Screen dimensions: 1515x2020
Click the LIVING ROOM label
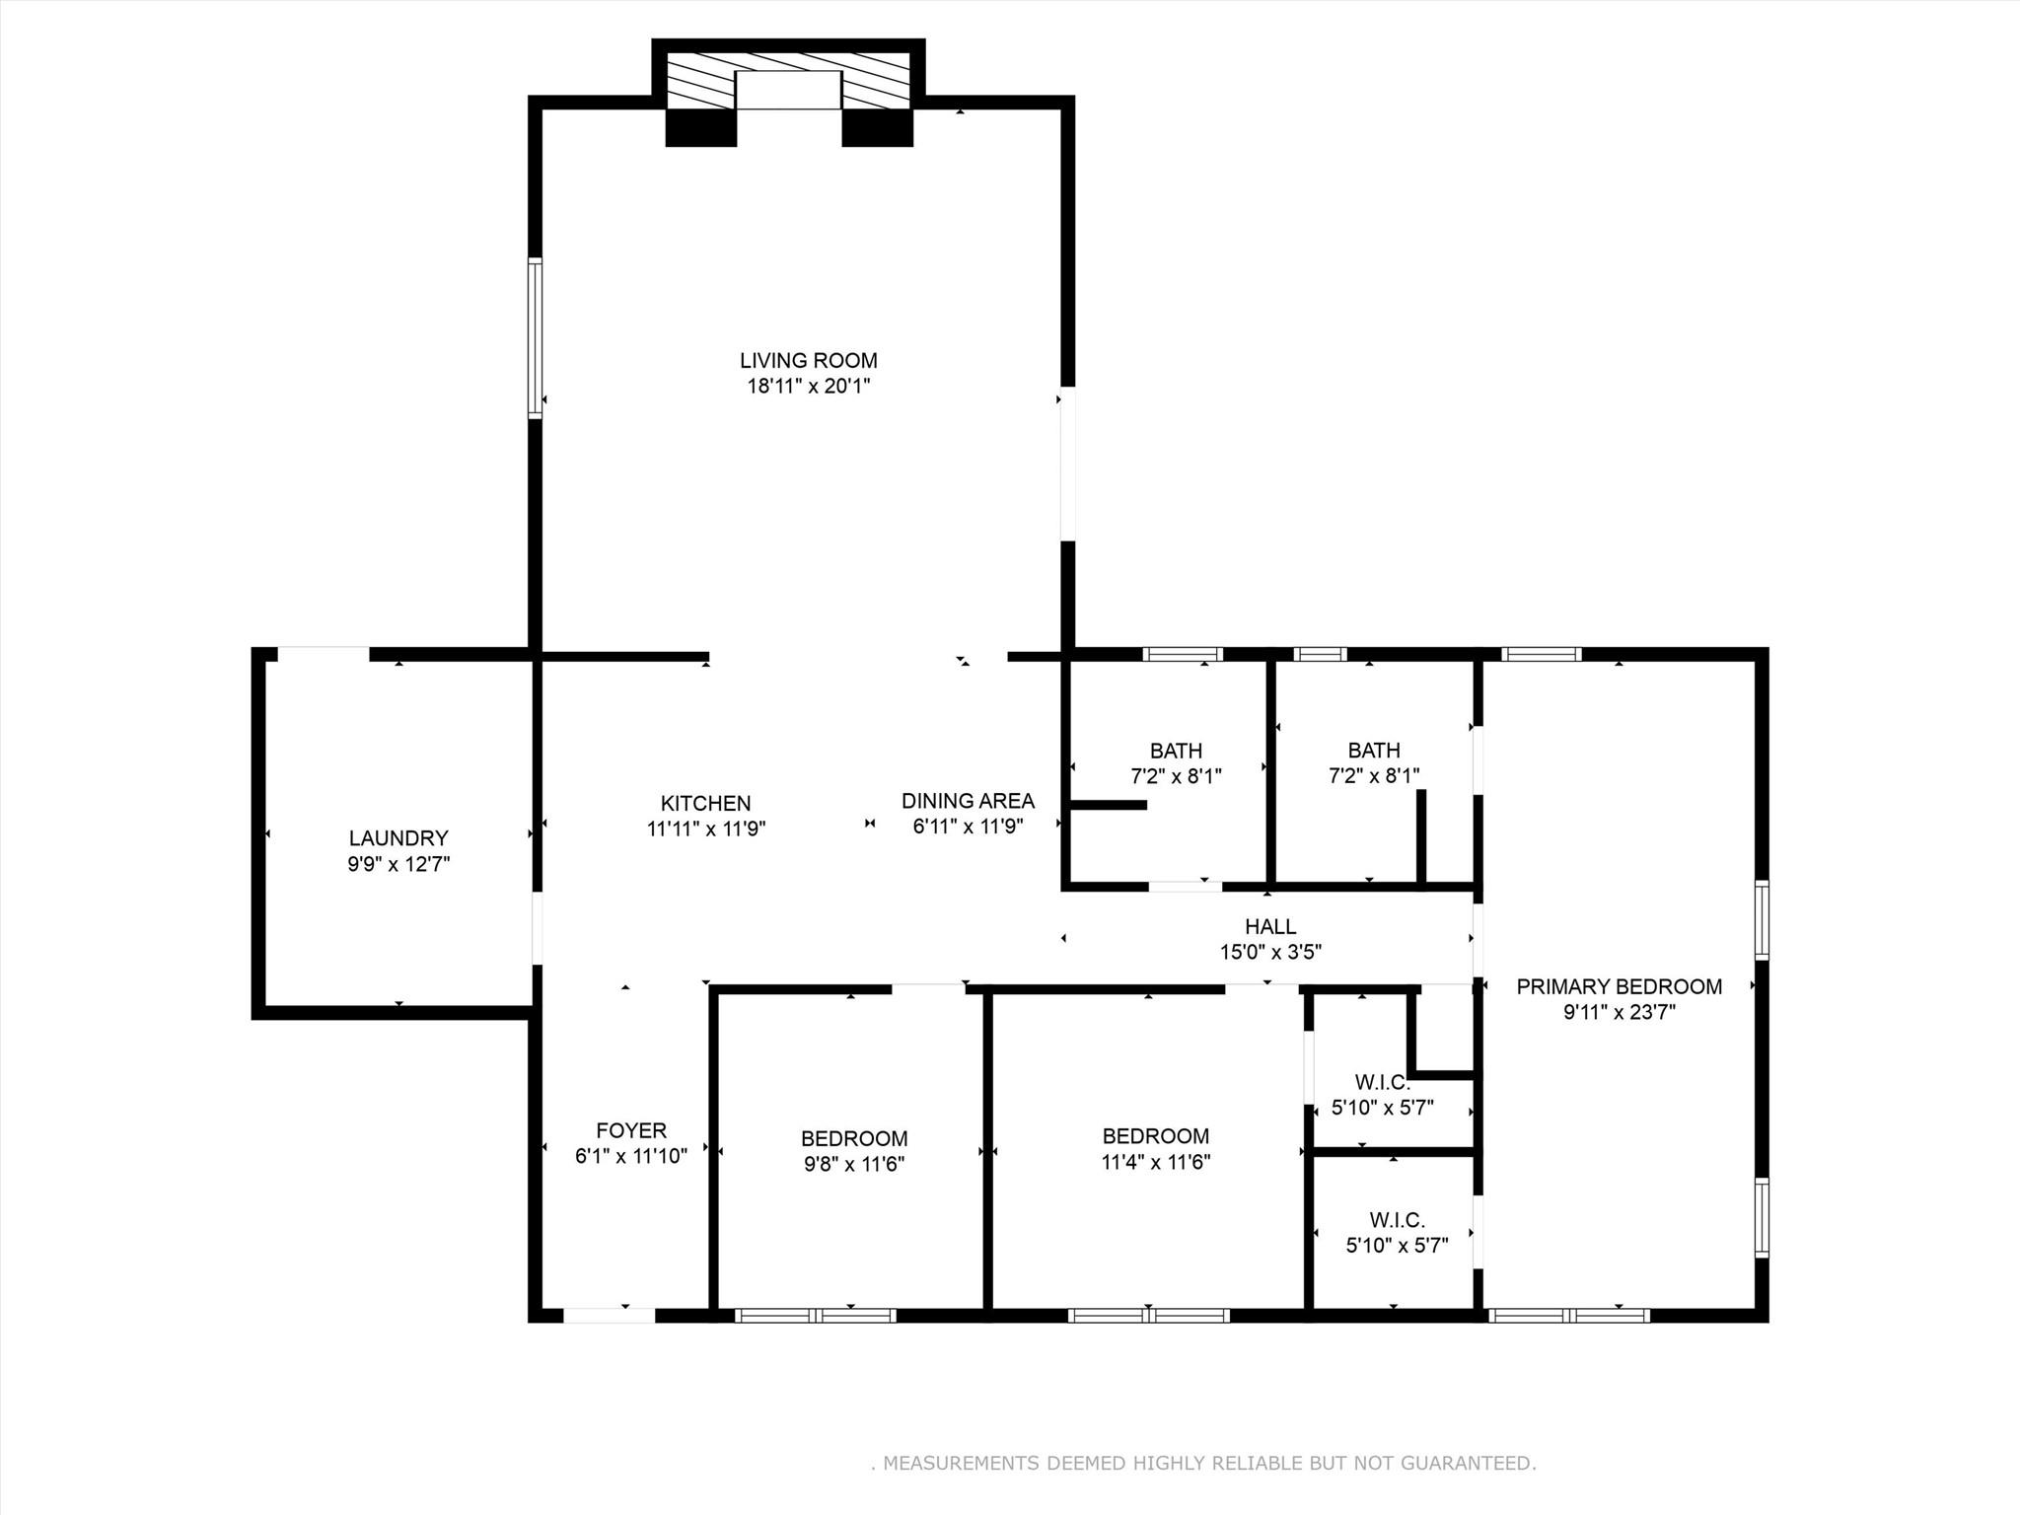coord(808,361)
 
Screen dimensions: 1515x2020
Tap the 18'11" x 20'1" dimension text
coord(808,387)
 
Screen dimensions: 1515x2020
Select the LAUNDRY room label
coord(398,838)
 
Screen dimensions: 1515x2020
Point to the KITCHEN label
coord(705,804)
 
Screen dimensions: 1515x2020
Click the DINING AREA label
coord(968,801)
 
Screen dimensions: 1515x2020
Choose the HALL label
coord(1270,927)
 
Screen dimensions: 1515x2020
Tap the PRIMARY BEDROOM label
coord(1619,987)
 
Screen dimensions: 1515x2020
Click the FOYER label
coord(631,1131)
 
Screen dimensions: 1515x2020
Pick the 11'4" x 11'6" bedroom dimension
coord(1155,1162)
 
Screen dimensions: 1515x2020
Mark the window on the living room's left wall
coord(535,338)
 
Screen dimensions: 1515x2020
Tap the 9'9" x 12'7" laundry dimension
coord(398,864)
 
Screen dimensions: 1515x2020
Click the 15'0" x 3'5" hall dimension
coord(1270,953)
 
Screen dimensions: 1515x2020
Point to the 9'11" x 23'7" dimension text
coord(1619,1013)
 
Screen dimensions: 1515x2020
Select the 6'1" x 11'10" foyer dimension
coord(631,1157)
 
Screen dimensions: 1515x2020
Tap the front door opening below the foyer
coord(609,1315)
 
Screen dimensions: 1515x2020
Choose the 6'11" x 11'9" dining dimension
coord(968,827)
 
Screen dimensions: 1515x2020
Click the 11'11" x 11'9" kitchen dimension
coord(705,830)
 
